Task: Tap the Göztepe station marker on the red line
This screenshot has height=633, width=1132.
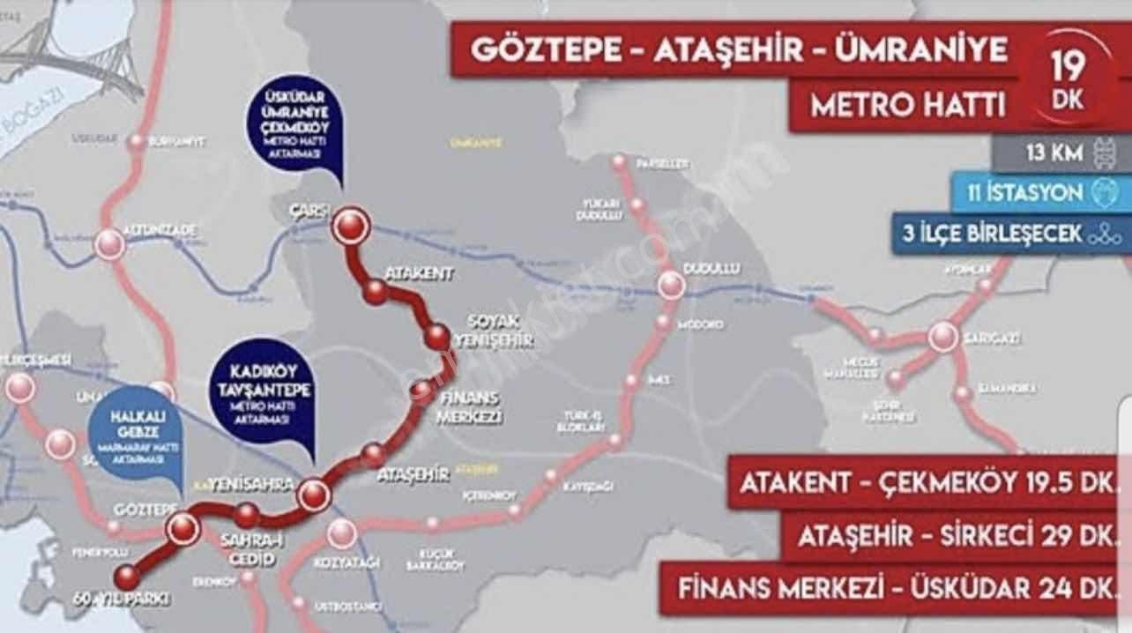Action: coord(182,527)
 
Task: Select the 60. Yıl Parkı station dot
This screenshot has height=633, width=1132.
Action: coord(127,577)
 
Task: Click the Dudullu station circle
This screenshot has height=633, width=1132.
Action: coord(671,286)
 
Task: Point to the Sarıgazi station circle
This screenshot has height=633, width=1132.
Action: coord(942,337)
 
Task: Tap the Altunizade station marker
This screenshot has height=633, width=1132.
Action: coord(109,243)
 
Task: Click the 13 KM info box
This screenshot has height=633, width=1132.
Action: coord(1061,153)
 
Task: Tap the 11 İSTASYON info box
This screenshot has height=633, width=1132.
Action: coord(1040,193)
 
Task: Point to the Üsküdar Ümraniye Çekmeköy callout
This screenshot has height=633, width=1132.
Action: coord(294,125)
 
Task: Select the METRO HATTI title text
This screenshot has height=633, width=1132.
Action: coord(908,106)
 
